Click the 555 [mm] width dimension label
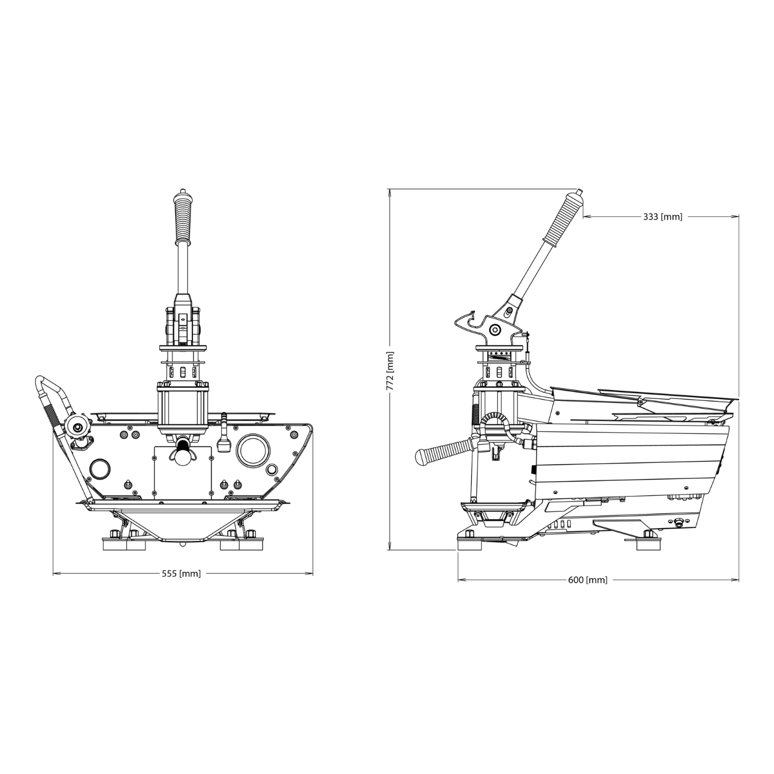click(181, 574)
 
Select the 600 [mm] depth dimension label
click(588, 580)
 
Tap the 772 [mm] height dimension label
click(390, 372)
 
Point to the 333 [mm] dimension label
click(663, 217)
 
